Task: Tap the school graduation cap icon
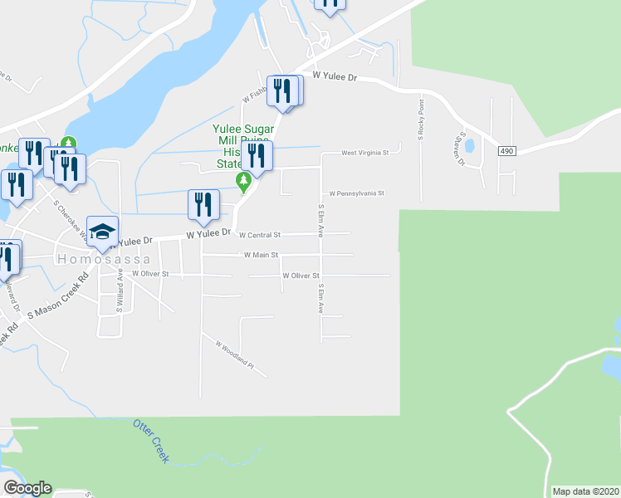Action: (x=103, y=232)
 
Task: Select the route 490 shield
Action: (x=508, y=151)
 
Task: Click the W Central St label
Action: (x=260, y=235)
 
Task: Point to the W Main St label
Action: (x=261, y=255)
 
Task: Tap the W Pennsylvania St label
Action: (x=357, y=193)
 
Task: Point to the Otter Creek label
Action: (x=150, y=441)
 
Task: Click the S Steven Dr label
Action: (x=462, y=148)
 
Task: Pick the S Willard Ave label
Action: (x=120, y=290)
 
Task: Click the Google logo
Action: (x=27, y=488)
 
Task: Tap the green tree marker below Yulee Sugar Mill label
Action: (x=244, y=180)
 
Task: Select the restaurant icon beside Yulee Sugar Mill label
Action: (x=258, y=156)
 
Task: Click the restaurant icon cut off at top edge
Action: (x=330, y=4)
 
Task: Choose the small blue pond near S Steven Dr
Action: (x=470, y=147)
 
